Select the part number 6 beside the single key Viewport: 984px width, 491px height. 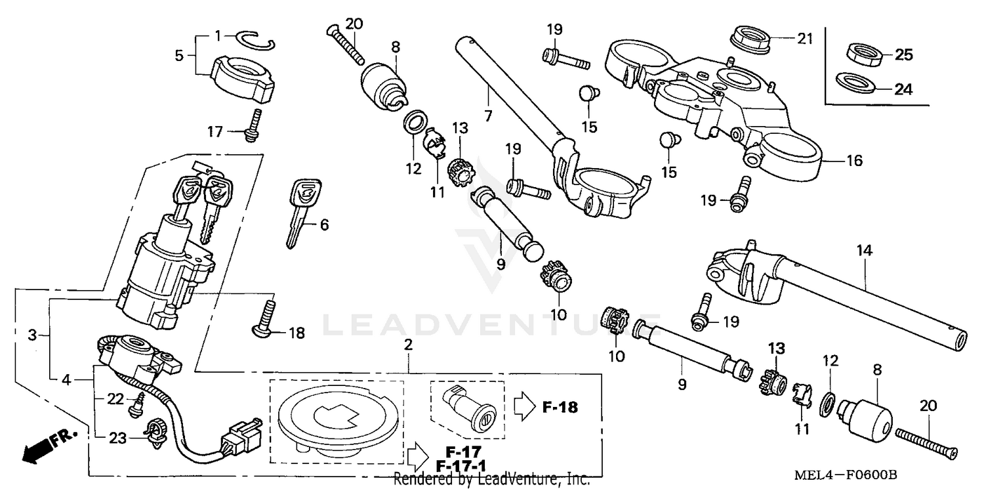[x=324, y=225]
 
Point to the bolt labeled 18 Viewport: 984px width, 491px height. [x=268, y=317]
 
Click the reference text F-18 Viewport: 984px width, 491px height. [x=560, y=407]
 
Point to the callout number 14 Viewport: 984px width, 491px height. [x=865, y=250]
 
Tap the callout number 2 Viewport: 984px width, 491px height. [x=408, y=345]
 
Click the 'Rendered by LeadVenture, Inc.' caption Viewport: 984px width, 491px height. [x=491, y=480]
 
